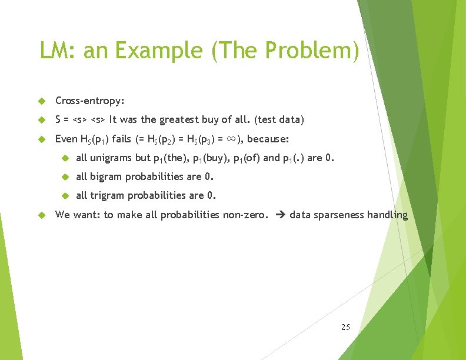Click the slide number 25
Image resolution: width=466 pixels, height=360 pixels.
(x=345, y=326)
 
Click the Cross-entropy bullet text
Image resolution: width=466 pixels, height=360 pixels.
(x=89, y=101)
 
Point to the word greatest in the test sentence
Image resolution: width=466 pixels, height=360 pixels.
(x=178, y=119)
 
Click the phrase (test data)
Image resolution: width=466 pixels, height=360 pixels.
(x=279, y=119)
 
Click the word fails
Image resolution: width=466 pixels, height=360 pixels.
(x=120, y=139)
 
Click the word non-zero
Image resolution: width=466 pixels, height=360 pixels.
(x=245, y=215)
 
